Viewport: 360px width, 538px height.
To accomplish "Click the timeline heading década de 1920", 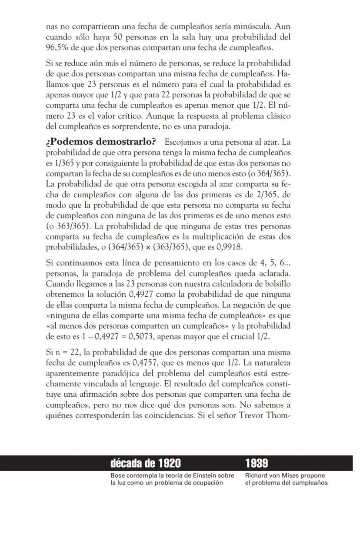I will coord(146,463).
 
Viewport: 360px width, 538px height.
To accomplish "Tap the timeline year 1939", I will coord(257,463).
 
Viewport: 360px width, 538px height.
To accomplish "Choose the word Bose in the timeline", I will coord(117,476).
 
